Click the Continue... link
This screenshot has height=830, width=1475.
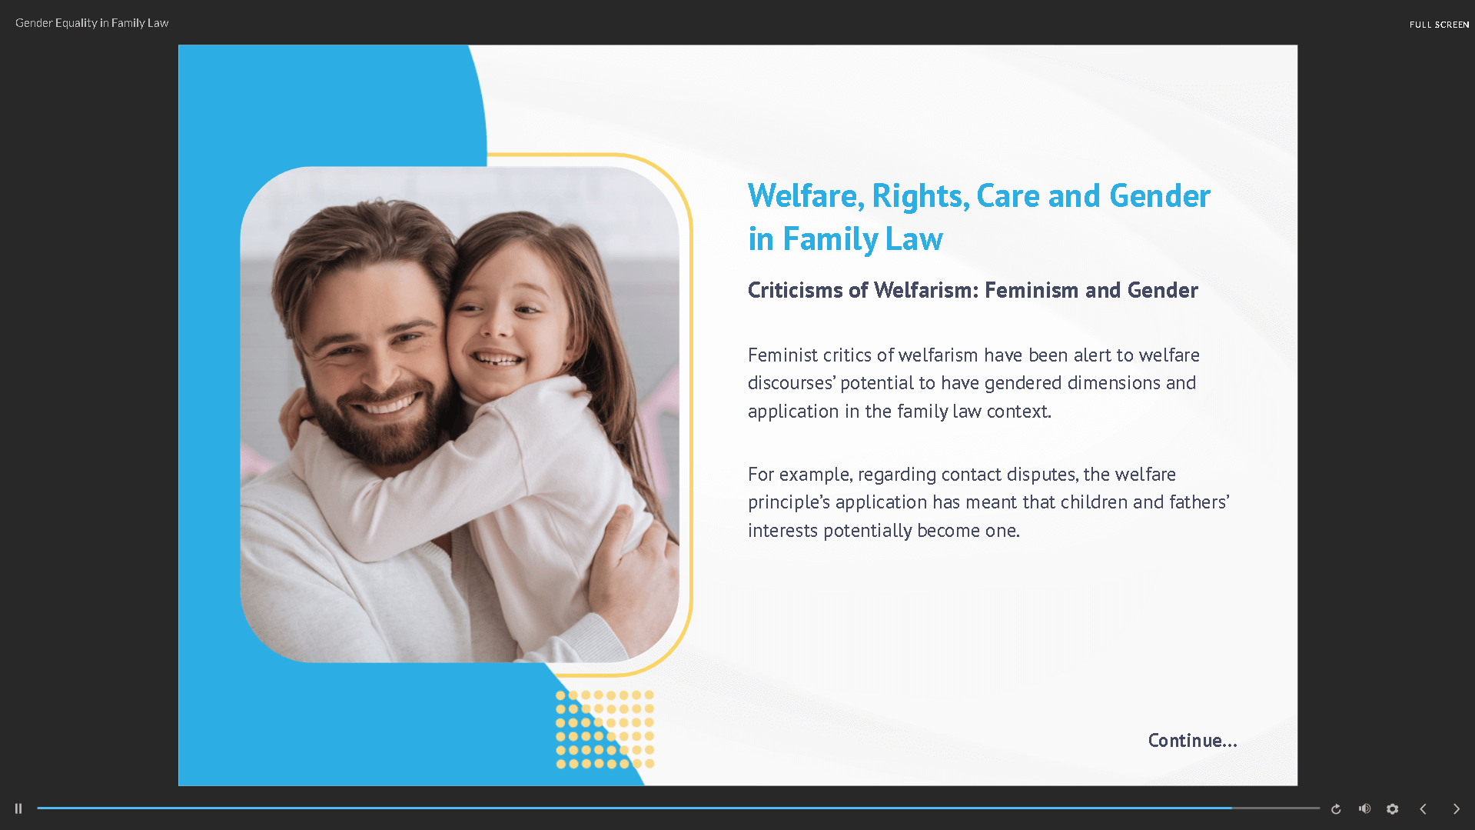1192,740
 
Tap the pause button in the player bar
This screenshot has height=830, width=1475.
18,808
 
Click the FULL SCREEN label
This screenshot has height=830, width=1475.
1439,25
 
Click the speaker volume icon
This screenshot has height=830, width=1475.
1364,808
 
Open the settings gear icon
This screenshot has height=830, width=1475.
1392,808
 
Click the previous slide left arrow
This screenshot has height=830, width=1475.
1424,808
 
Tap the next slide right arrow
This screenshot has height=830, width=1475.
1456,808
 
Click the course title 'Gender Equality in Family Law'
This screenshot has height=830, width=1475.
91,23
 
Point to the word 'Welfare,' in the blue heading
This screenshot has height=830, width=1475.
806,196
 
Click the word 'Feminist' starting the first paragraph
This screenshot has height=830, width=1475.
782,355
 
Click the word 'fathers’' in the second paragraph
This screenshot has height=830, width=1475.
1199,502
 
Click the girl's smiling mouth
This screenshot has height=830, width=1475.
497,359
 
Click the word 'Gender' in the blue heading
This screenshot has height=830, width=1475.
1160,196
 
